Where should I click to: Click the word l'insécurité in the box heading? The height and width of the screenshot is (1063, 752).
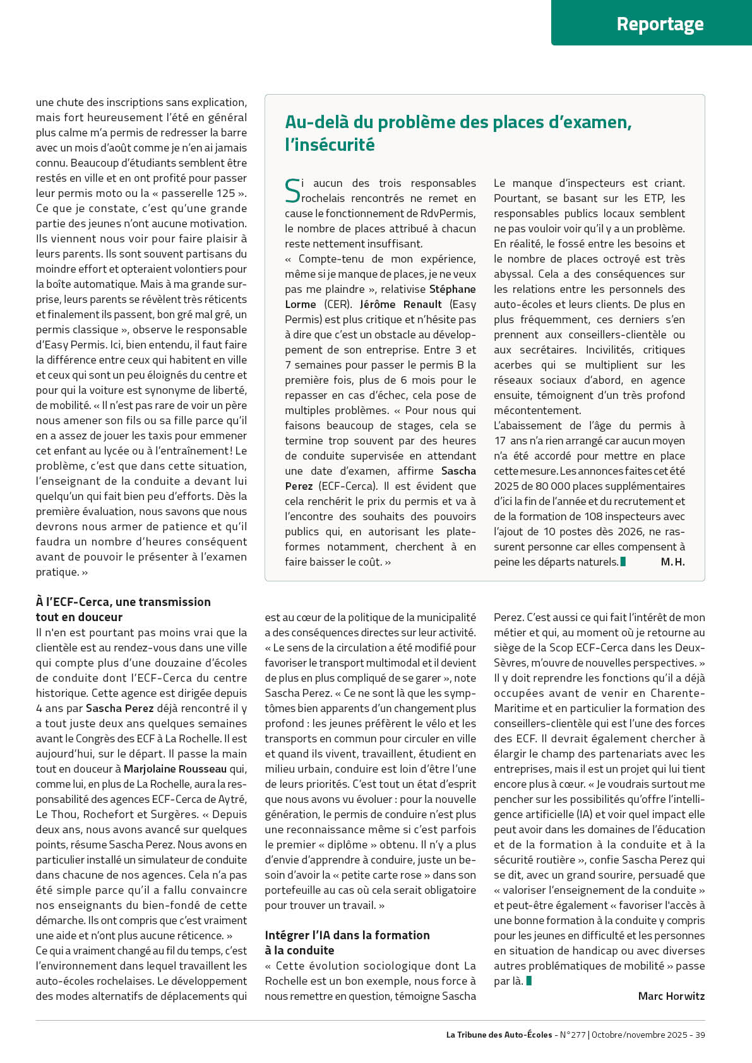tap(330, 145)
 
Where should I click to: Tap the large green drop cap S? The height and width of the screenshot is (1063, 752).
tap(292, 191)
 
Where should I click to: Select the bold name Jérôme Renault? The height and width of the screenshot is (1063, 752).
tap(401, 304)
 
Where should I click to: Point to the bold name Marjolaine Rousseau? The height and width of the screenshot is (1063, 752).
tap(175, 769)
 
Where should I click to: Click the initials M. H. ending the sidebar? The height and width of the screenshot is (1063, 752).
tap(672, 562)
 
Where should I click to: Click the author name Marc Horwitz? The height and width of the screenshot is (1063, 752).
tap(671, 996)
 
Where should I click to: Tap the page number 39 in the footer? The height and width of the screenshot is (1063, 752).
tap(700, 1035)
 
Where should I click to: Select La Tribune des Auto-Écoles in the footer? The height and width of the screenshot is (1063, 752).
tap(499, 1035)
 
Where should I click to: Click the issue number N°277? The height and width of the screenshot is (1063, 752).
tap(573, 1035)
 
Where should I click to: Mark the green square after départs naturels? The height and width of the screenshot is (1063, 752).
tap(623, 562)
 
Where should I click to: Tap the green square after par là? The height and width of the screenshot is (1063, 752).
tap(529, 981)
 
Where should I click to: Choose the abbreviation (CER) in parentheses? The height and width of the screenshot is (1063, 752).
tap(337, 304)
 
